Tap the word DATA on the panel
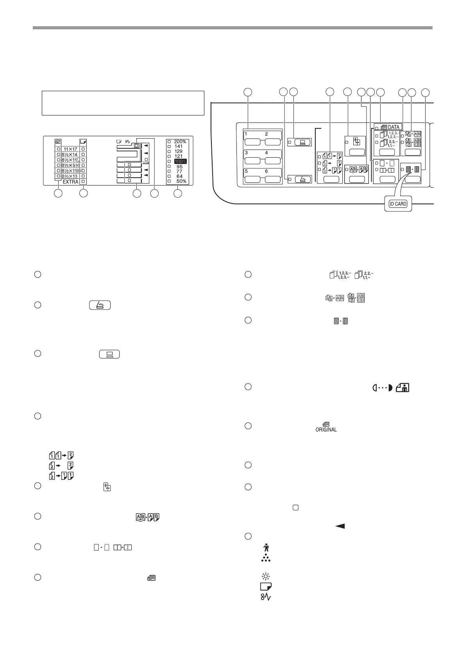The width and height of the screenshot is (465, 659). pos(393,127)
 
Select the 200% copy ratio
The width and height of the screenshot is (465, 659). pos(180,142)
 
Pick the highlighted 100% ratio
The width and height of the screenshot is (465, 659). pos(180,161)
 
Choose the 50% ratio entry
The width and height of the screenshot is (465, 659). pos(181,181)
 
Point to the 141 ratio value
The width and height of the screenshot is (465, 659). pos(179,146)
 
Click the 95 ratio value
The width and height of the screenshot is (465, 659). pos(179,166)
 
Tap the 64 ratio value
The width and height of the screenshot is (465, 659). pos(179,176)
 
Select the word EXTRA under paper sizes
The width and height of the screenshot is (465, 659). pos(71,182)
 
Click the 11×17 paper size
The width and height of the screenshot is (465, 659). pos(70,149)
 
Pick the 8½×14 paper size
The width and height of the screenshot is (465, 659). pos(70,155)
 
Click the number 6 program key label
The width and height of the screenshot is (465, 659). pos(266,171)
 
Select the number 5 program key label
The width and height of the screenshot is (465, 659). pos(246,171)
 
